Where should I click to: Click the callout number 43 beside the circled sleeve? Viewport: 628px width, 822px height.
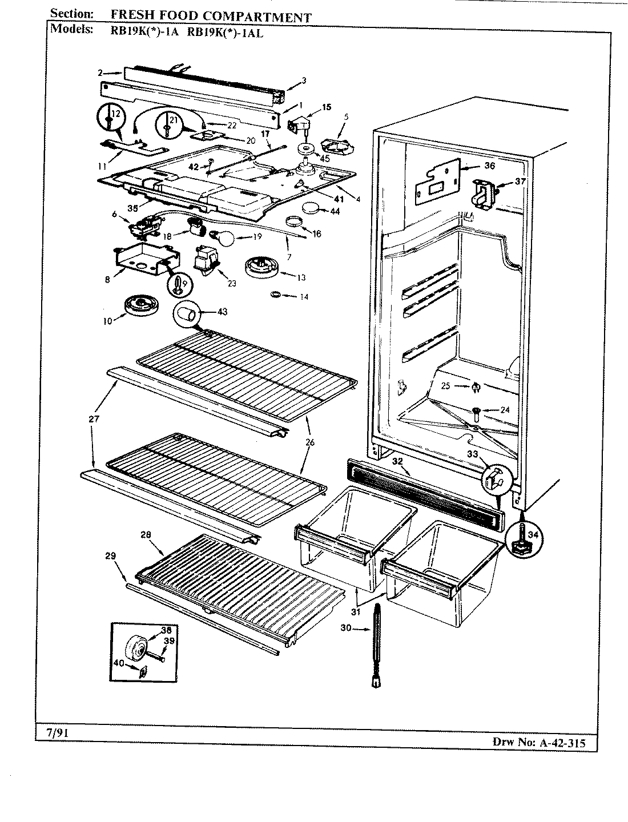[207, 312]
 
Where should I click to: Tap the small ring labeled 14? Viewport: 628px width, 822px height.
[275, 294]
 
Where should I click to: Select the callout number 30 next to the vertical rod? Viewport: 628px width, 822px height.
[345, 628]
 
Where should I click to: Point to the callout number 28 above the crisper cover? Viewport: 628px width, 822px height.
[145, 534]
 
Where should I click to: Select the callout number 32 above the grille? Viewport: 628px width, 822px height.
[398, 461]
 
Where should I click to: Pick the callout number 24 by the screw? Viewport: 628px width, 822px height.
[504, 409]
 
